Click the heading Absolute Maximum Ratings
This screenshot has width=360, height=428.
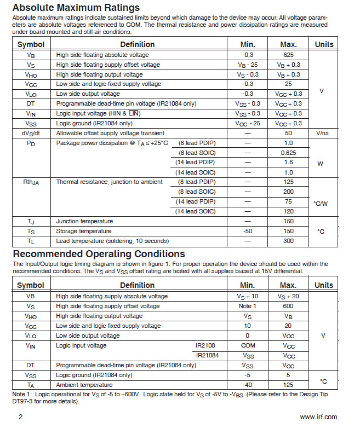point(76,8)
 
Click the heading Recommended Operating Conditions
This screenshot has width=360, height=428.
point(99,254)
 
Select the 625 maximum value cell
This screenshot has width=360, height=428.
point(288,55)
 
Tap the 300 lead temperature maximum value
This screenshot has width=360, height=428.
point(288,241)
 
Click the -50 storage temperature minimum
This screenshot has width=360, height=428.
point(247,231)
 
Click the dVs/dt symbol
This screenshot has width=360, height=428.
point(31,133)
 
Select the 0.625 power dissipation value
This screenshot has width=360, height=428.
point(288,152)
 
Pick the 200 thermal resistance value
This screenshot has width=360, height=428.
point(288,192)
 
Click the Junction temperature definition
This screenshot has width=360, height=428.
point(84,221)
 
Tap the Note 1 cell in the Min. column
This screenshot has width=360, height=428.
point(247,306)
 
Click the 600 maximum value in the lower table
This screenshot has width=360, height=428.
point(288,306)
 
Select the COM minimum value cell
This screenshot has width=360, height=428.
point(247,345)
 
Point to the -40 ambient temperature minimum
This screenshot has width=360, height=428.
point(247,385)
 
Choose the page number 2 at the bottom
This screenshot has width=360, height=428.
point(21,417)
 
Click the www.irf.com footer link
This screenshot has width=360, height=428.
point(318,417)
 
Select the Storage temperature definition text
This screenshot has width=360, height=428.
point(84,231)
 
